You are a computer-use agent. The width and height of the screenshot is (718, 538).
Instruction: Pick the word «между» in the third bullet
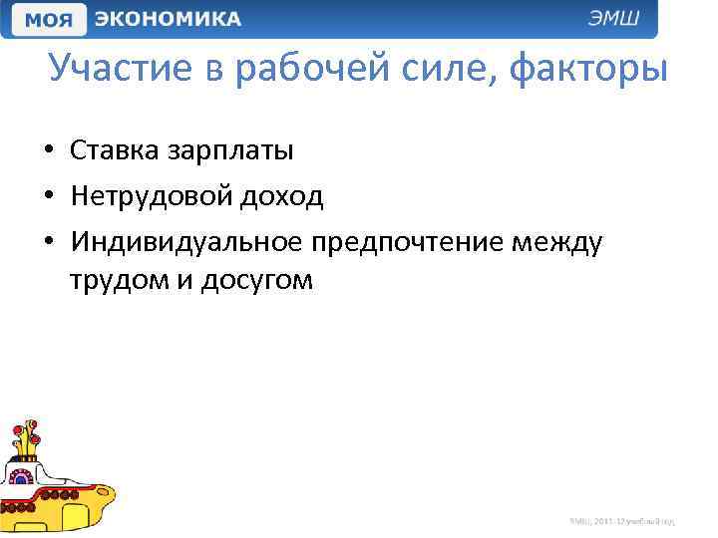click(x=557, y=242)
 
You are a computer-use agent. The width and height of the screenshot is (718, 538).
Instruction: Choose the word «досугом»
click(x=256, y=282)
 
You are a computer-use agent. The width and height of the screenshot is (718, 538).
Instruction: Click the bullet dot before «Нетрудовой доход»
click(x=48, y=197)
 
